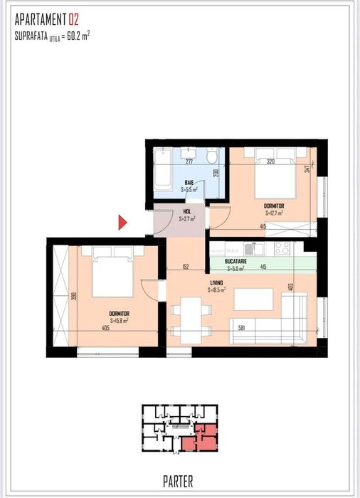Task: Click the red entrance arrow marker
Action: click(122, 222)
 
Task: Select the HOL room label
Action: click(186, 211)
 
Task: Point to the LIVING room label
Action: click(216, 282)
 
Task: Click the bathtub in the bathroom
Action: click(163, 169)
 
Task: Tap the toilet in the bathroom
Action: click(212, 157)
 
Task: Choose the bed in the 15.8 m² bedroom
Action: click(113, 272)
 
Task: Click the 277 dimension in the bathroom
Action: click(189, 162)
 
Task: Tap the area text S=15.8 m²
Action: click(119, 321)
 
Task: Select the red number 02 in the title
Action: click(73, 19)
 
